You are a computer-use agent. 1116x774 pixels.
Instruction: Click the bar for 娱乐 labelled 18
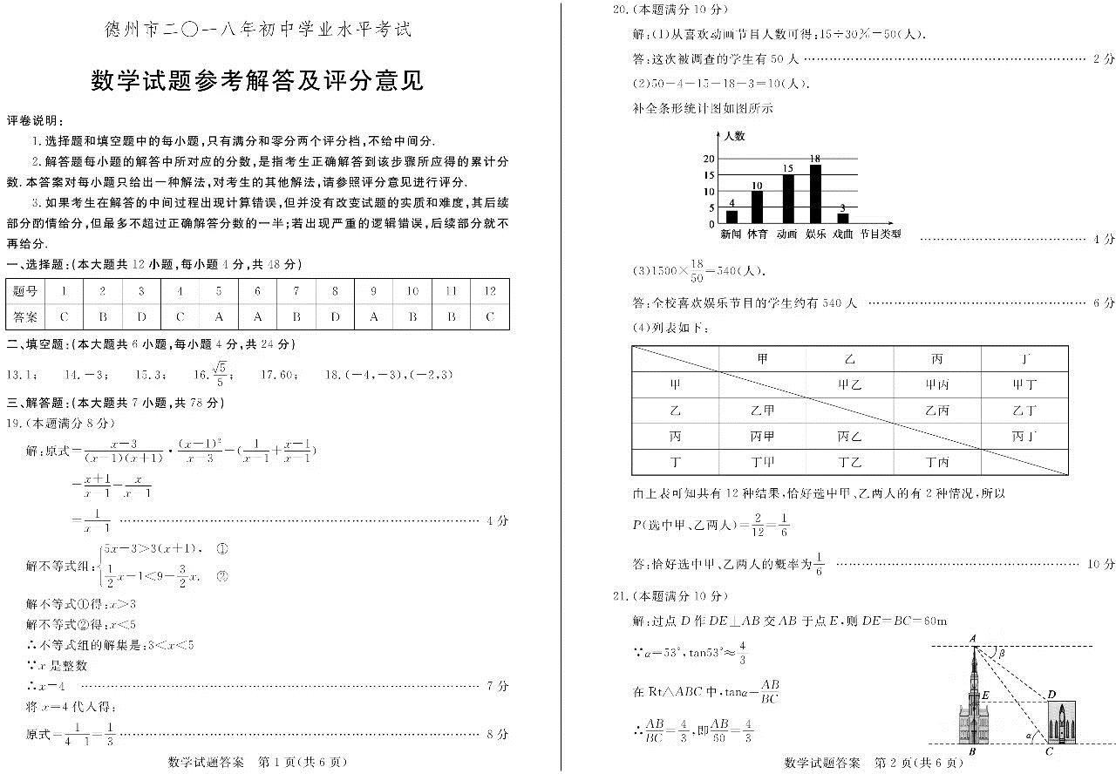tap(815, 194)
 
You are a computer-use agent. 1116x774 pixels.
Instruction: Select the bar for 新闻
tap(732, 217)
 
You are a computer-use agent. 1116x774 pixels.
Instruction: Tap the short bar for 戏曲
tap(842, 219)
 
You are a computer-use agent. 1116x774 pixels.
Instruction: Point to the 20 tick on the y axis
tap(710, 159)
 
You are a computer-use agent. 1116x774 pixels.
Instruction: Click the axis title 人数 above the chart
tap(734, 137)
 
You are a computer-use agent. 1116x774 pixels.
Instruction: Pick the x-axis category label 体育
tap(757, 234)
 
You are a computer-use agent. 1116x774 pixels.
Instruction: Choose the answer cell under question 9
tap(374, 317)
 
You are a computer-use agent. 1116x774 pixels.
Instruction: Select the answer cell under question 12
tap(490, 317)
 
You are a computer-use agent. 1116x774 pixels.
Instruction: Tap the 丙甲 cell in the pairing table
tap(762, 436)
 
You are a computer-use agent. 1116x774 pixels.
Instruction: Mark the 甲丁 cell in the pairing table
tap(1024, 384)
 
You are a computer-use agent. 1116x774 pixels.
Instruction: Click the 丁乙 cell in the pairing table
tap(849, 462)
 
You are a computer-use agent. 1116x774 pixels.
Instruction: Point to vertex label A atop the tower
tap(973, 638)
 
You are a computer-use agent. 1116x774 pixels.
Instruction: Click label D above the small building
tap(1052, 694)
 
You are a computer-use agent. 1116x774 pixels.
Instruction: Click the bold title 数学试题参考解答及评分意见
tap(257, 81)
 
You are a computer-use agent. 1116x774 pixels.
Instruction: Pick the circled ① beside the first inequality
tap(221, 549)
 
